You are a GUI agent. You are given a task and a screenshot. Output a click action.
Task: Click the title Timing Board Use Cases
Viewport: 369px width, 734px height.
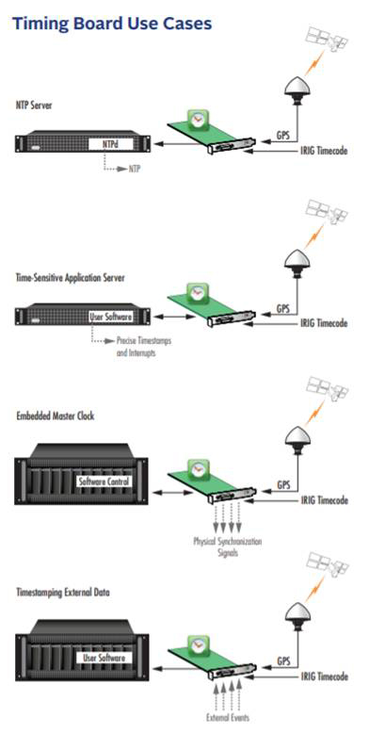[111, 21]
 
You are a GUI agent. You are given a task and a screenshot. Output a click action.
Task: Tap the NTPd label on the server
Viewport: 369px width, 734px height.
[111, 145]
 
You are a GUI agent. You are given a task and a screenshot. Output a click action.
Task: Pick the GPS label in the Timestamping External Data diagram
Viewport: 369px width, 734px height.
[282, 661]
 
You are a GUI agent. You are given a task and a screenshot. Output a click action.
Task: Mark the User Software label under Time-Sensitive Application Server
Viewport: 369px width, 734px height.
[111, 318]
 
